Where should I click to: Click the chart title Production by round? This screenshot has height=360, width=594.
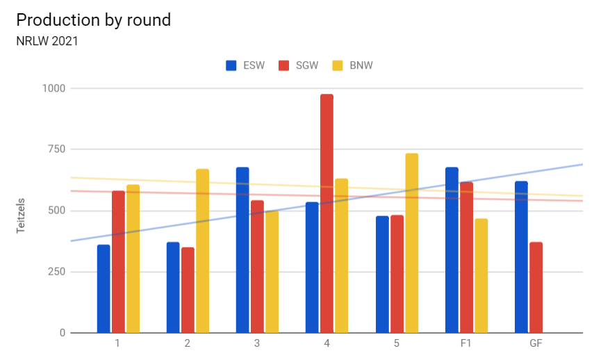click(x=93, y=20)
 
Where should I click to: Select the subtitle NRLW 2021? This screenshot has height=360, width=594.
click(x=47, y=41)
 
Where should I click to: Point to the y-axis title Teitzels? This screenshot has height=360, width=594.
click(x=20, y=211)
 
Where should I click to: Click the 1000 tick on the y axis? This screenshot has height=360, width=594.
click(x=53, y=88)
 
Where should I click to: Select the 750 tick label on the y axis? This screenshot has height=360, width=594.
click(x=56, y=149)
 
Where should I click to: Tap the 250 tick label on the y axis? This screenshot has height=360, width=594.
click(x=56, y=272)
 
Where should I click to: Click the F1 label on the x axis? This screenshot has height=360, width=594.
click(x=466, y=344)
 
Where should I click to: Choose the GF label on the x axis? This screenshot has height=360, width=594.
click(x=536, y=344)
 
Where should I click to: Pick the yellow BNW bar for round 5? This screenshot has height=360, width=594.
click(x=411, y=243)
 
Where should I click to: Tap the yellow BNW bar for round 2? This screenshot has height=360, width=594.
click(x=202, y=251)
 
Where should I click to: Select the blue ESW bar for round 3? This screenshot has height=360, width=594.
click(x=242, y=250)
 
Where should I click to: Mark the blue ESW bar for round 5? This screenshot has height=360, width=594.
click(x=382, y=275)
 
